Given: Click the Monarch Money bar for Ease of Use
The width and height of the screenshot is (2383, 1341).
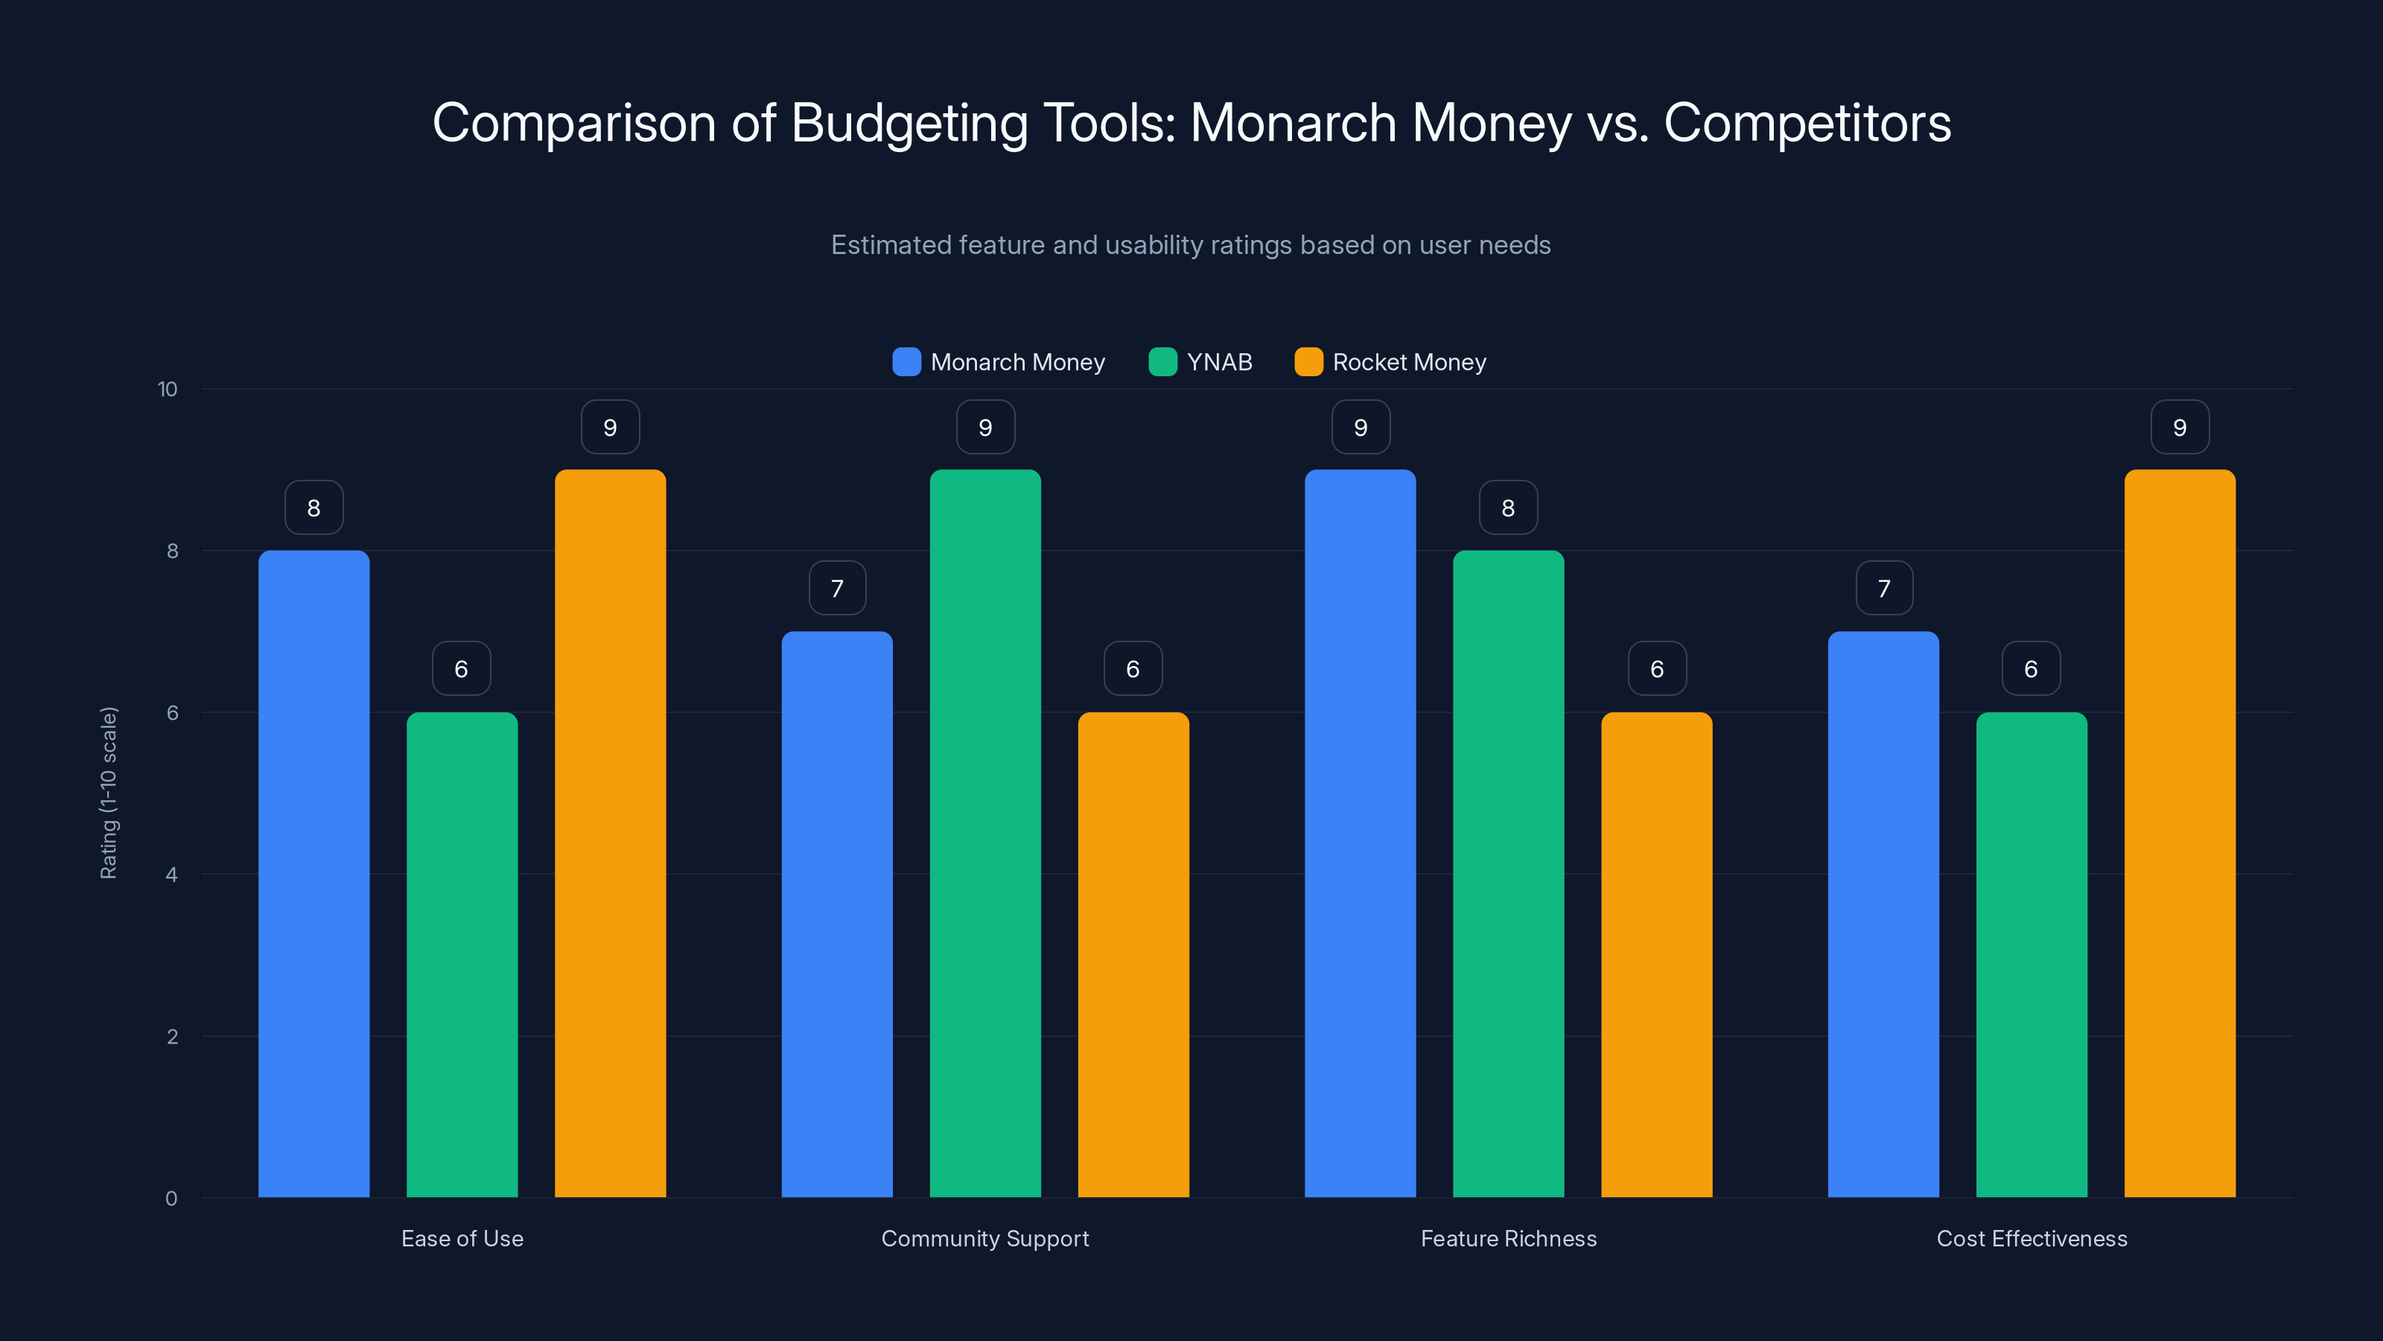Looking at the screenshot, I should coord(314,874).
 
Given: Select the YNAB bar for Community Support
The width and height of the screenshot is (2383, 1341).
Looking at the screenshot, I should coord(985,833).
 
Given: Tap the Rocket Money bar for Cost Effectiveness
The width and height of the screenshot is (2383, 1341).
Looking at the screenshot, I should coord(2180,833).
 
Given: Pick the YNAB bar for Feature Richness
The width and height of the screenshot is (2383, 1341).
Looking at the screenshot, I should coord(1508,874).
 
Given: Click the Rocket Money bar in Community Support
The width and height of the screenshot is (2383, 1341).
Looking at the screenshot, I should coord(1133,954).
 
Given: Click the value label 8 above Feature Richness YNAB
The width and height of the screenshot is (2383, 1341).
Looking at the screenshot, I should coord(1508,507).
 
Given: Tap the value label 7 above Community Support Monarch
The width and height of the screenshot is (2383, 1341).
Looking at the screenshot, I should coord(837,588).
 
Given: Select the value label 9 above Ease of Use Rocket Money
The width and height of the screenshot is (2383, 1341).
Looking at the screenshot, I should coord(610,427).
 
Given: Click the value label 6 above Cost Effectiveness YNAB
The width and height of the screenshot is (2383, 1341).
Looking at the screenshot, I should coord(2031,668).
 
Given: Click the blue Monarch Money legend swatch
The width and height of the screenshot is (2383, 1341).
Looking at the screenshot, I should coord(906,362).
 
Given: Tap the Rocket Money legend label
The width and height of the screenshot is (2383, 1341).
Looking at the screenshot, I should coord(1409,362).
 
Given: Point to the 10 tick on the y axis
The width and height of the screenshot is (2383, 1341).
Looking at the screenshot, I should coord(168,389).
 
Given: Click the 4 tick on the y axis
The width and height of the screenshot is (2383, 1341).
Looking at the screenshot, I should coord(171,875).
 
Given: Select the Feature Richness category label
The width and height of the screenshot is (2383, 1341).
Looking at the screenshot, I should coord(1508,1238).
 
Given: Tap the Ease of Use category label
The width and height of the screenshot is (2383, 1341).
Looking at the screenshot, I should coord(462,1238).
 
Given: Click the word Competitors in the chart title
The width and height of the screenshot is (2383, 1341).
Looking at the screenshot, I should coord(1807,122).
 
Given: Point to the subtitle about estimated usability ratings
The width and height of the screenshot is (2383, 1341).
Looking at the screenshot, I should coord(1191,244).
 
